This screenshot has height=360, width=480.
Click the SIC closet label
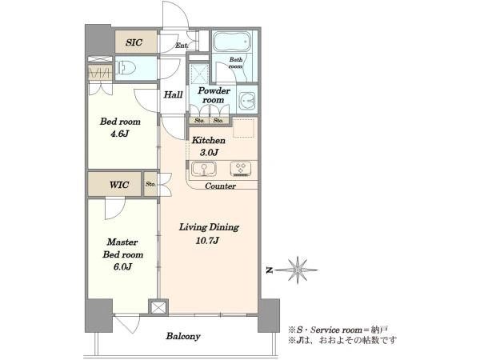pos(134,42)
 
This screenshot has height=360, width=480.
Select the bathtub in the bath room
pos(232,42)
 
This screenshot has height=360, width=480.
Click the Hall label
pos(173,94)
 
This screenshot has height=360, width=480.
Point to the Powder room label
pos(214,95)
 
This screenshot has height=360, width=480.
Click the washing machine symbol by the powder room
pos(247,99)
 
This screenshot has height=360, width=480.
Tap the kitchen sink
pos(204,170)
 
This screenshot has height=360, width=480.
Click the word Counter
pos(220,186)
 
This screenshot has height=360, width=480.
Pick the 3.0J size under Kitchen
pos(209,152)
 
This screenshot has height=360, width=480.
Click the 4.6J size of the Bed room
pos(120,134)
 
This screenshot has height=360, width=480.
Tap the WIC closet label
pos(119,185)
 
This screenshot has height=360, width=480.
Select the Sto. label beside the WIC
pos(150,184)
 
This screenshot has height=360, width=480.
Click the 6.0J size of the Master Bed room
pos(122,266)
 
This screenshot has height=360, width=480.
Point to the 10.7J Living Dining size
pos(207,240)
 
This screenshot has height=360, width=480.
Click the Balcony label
pos(183,336)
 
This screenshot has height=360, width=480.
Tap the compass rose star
pos(298,270)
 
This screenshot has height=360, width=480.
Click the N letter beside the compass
pos(269,270)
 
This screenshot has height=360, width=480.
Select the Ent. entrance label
pos(182,46)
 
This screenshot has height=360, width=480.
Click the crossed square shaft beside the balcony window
pos(158,307)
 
